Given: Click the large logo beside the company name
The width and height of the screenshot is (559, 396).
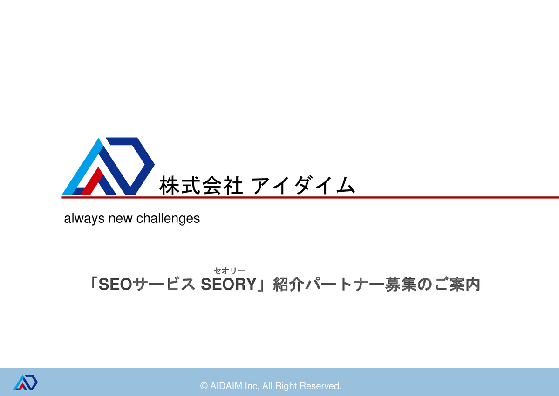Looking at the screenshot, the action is click(x=108, y=166).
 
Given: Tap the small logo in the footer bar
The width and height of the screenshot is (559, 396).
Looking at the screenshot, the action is click(x=25, y=382).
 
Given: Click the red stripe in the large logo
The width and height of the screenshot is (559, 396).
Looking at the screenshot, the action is click(x=92, y=181).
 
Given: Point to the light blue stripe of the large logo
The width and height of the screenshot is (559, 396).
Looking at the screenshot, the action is click(x=82, y=167).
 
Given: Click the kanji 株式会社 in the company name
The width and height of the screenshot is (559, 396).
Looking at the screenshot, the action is click(x=201, y=185).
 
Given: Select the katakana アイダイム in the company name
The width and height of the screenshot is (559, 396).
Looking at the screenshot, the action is click(x=303, y=185).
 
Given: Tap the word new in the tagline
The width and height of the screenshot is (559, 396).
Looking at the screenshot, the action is click(x=120, y=219).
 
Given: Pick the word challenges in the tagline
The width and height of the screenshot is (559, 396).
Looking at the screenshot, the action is click(x=168, y=219).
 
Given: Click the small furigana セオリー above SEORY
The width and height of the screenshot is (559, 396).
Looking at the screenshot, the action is click(x=230, y=271).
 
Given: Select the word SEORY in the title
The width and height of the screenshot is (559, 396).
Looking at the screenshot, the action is click(x=229, y=285).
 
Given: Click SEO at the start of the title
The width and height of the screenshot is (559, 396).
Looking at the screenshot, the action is click(x=116, y=285).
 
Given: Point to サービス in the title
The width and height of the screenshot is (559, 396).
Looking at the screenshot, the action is click(x=164, y=285).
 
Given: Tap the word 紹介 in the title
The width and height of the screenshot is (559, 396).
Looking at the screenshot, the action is click(x=288, y=285).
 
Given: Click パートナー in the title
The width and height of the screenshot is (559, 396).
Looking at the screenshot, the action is click(x=345, y=285).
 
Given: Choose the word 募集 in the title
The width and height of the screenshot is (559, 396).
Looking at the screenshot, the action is click(x=401, y=285).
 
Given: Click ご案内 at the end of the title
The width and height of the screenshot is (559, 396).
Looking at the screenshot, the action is click(x=457, y=285).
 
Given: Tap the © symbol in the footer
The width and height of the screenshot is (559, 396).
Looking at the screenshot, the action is click(x=204, y=386).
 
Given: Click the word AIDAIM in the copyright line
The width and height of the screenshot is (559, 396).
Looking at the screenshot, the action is click(x=226, y=386).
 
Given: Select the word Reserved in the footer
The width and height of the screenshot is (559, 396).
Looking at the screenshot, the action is click(x=320, y=386).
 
